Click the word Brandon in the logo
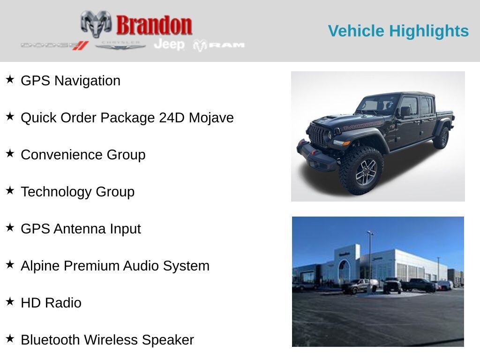[154, 25]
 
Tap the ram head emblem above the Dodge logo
[96, 23]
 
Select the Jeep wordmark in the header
[169, 45]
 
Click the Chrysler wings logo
[120, 45]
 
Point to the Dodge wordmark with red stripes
[54, 45]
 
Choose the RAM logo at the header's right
[219, 45]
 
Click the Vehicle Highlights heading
[398, 31]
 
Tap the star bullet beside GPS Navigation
[10, 79]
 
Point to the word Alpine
[40, 266]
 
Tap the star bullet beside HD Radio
[10, 301]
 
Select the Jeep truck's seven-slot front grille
[317, 135]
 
